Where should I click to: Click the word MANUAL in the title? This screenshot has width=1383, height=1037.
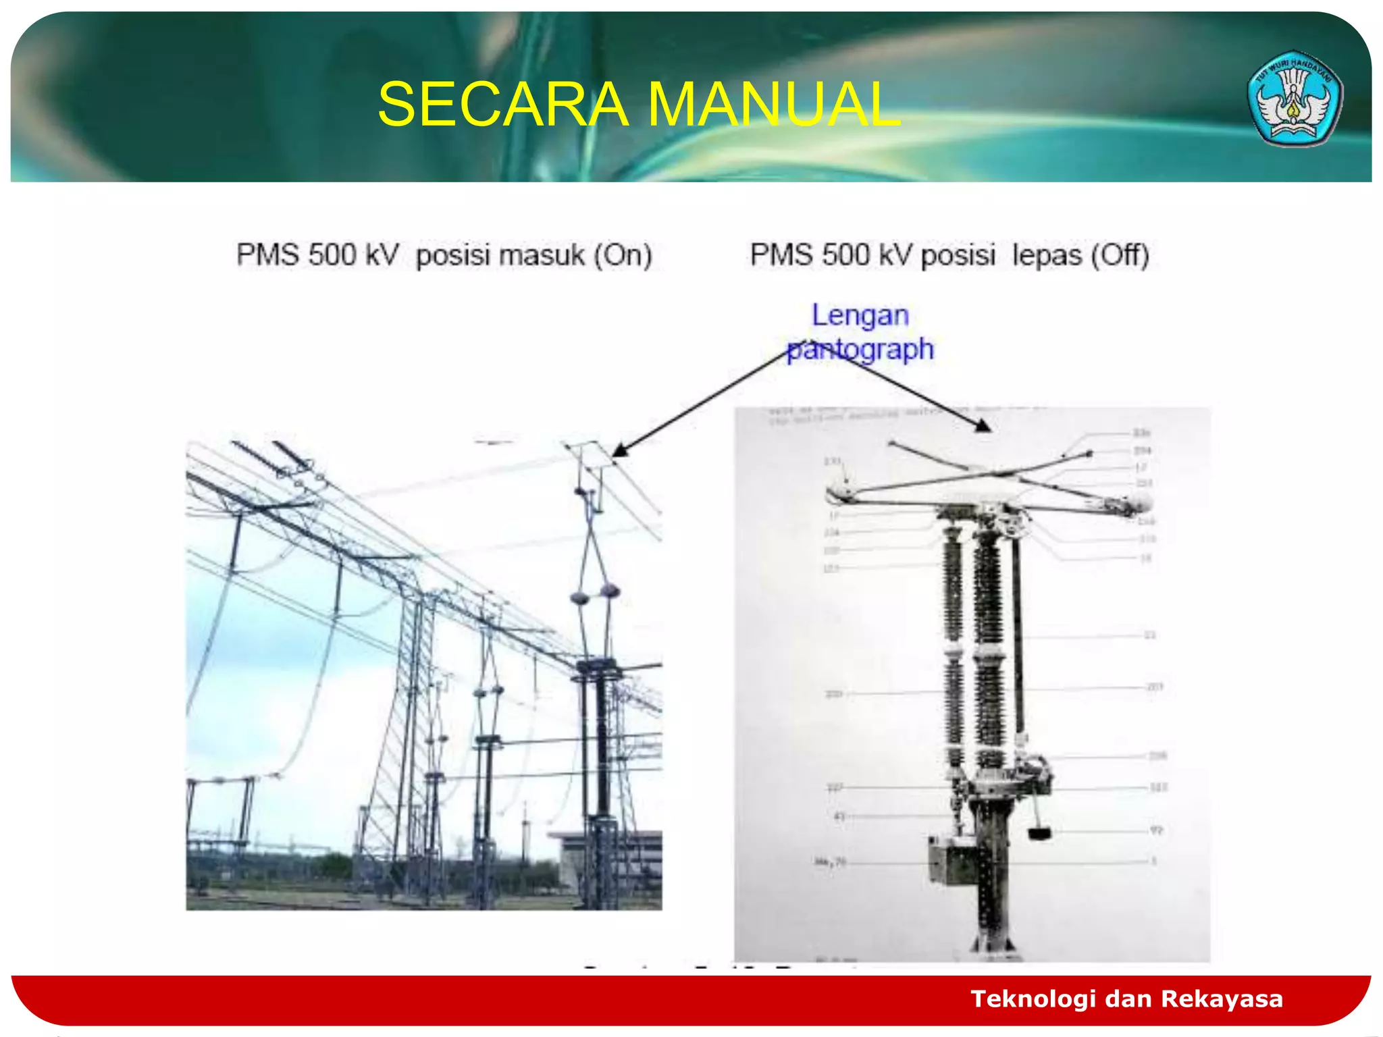click(x=774, y=104)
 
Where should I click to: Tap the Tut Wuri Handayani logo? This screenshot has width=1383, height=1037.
click(x=1294, y=99)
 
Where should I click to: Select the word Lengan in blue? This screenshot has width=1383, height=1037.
click(x=860, y=315)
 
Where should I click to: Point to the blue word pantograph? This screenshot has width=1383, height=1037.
click(x=861, y=349)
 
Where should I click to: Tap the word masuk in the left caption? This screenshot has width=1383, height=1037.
click(x=500, y=255)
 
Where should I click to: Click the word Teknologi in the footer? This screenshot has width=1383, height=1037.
click(x=1033, y=999)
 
